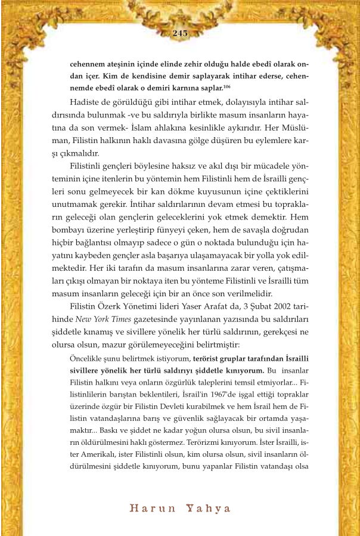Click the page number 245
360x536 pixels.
tap(179, 33)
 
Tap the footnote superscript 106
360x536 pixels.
tap(227, 86)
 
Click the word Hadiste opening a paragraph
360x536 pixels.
tap(86, 101)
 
